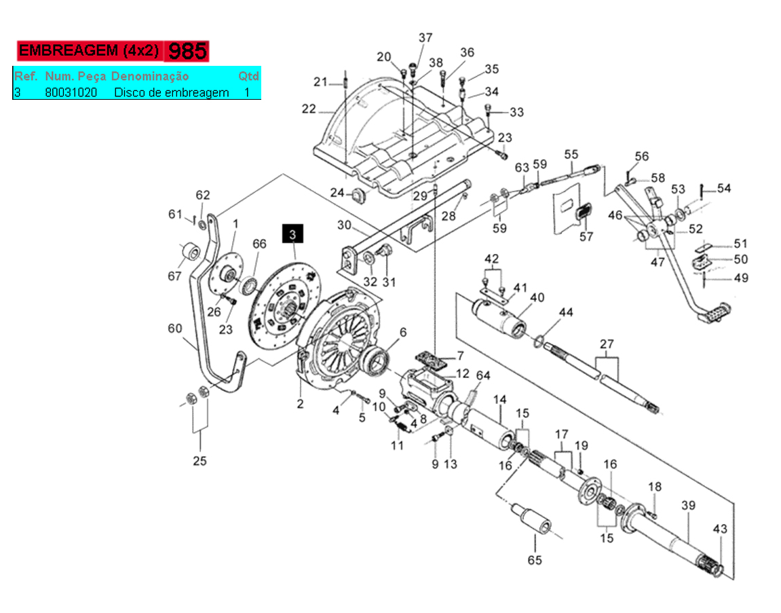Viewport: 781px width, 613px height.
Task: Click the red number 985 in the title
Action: click(x=187, y=51)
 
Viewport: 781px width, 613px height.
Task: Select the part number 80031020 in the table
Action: click(x=71, y=92)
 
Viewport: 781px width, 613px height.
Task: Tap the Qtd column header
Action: click(x=248, y=75)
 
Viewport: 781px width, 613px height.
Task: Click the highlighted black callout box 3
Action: click(x=293, y=234)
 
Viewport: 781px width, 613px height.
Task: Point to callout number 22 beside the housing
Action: click(x=309, y=109)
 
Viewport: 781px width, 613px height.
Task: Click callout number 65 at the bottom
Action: click(x=535, y=560)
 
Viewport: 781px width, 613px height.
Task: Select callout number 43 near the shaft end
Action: click(x=719, y=529)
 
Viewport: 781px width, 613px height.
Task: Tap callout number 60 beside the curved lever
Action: click(x=175, y=329)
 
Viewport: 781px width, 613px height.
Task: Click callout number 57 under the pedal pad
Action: click(x=586, y=237)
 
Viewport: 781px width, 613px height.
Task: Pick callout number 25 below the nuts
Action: click(x=200, y=461)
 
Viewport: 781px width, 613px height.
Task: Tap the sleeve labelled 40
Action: click(x=499, y=318)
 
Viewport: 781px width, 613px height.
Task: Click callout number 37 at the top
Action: click(x=425, y=37)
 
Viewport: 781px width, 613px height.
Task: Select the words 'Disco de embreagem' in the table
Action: click(x=171, y=92)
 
